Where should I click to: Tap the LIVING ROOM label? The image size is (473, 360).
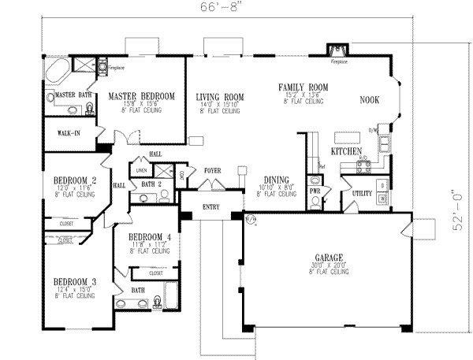[x=220, y=97]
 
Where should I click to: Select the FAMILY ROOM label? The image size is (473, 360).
[x=303, y=87]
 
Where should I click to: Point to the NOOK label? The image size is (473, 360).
[x=370, y=100]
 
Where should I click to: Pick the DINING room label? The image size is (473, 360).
[x=276, y=179]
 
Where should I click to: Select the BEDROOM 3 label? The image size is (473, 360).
[x=75, y=281]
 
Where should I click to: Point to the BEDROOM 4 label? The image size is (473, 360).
[x=150, y=236]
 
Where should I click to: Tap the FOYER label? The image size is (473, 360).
[x=212, y=170]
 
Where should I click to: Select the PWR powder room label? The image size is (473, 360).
[x=313, y=190]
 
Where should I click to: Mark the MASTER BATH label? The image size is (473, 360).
[x=70, y=95]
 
